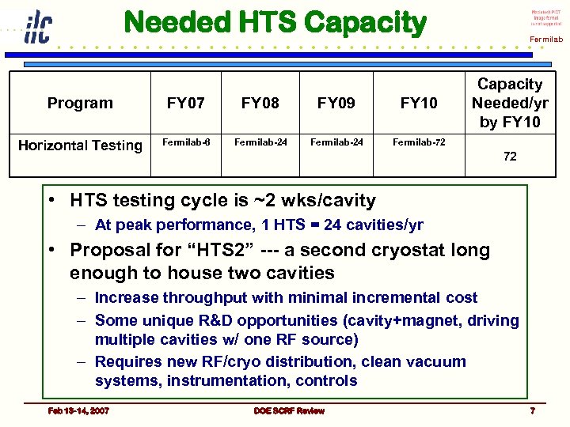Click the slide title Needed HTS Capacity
pos(275,24)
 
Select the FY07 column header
pos(185,103)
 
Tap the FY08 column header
pos(260,103)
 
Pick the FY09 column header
pos(336,103)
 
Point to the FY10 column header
pos(419,103)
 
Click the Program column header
pos(80,103)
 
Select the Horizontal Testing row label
pos(80,145)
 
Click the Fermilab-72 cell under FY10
pos(419,143)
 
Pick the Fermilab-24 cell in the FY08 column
pos(260,143)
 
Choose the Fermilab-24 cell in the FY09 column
pos(336,143)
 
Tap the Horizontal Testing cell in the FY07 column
pos(186,143)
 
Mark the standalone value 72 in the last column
pos(510,157)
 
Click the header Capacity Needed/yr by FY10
pos(510,103)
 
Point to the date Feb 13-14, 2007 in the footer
pos(78,410)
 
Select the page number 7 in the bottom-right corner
pos(532,410)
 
